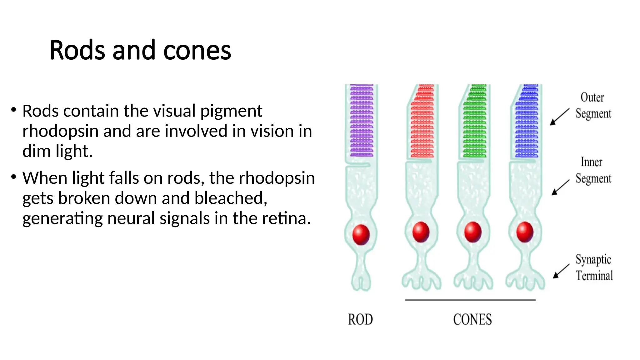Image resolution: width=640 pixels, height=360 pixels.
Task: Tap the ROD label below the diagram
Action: pyautogui.click(x=360, y=319)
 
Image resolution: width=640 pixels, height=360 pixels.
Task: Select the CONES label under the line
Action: pyautogui.click(x=472, y=319)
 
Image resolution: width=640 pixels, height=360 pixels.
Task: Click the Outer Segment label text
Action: pyautogui.click(x=593, y=105)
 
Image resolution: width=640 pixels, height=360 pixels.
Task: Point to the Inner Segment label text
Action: pyautogui.click(x=593, y=170)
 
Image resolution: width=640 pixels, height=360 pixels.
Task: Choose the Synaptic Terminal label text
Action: pyautogui.click(x=594, y=267)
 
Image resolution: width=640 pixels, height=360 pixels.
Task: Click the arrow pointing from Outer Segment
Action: pyautogui.click(x=559, y=117)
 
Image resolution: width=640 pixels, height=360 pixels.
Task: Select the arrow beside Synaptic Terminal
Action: pyautogui.click(x=561, y=271)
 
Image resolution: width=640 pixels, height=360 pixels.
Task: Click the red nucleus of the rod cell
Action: pyautogui.click(x=361, y=234)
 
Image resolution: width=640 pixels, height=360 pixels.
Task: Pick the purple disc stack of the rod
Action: pyautogui.click(x=362, y=121)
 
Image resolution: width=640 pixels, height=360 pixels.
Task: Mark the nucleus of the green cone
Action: pyautogui.click(x=473, y=232)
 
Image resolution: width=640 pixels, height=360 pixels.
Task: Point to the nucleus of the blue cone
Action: pyautogui.click(x=525, y=232)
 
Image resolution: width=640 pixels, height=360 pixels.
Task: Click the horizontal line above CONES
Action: pyautogui.click(x=470, y=300)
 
